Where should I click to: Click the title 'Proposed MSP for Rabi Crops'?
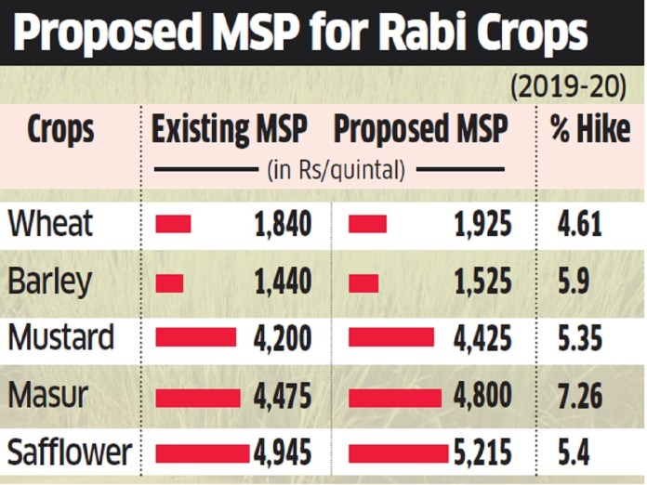302,33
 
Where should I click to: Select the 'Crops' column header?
60,130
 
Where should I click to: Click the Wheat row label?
50,224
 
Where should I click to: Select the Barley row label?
51,281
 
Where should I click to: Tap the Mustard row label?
61,337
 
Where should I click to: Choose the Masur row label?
47,395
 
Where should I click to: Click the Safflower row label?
70,452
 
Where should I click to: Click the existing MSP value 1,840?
281,224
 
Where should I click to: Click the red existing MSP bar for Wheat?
173,224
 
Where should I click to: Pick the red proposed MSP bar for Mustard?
390,337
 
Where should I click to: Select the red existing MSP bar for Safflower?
202,453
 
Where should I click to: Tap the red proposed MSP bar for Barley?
363,282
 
